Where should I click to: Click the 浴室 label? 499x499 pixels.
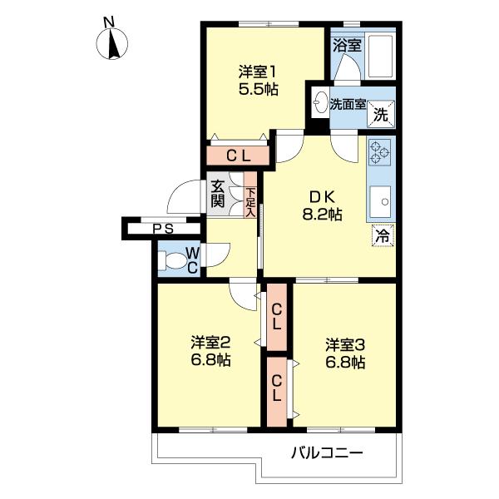[347, 45]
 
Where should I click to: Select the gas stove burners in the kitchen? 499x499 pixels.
[380, 151]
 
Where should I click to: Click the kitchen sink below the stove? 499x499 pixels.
[382, 199]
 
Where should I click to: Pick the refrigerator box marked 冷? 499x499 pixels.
[381, 236]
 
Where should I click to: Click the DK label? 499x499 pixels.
[322, 197]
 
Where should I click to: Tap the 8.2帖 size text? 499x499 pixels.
[322, 215]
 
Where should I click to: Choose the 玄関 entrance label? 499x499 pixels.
[218, 194]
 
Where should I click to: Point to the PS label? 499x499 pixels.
[163, 229]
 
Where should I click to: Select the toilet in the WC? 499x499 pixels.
[177, 260]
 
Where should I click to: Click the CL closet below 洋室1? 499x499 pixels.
[239, 155]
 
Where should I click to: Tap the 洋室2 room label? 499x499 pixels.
[210, 343]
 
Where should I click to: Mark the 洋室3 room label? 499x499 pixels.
[345, 344]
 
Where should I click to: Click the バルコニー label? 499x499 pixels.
[327, 453]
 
